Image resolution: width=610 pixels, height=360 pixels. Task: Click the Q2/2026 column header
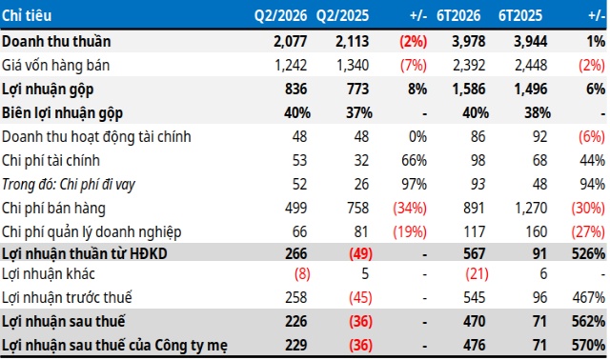click(x=280, y=15)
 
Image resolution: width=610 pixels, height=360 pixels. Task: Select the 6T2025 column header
click(x=520, y=15)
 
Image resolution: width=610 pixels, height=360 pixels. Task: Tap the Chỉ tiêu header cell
click(x=27, y=15)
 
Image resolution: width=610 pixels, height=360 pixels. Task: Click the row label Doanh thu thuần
click(x=56, y=41)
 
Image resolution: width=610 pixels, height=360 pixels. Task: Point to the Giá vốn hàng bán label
click(x=55, y=66)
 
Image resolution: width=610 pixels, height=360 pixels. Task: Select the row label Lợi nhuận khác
click(x=49, y=273)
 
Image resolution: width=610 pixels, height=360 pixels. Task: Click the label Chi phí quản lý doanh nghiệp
click(x=91, y=232)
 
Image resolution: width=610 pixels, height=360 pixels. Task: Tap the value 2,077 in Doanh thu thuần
click(x=290, y=41)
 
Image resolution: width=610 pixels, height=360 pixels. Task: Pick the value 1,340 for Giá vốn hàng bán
click(x=353, y=66)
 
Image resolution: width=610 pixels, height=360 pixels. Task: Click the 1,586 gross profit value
click(x=468, y=89)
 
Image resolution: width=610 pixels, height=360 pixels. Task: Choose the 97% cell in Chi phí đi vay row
click(x=414, y=184)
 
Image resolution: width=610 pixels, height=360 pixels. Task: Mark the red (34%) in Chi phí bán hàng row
click(x=410, y=209)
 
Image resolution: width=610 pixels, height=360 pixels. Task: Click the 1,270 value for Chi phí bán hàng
click(x=531, y=209)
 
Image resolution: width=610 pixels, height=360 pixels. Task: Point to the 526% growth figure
click(x=588, y=254)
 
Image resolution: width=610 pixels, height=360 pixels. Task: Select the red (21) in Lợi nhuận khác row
click(x=477, y=274)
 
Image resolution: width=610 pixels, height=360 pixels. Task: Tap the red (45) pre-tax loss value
click(x=360, y=298)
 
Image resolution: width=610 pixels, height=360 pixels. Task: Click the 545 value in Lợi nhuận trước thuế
click(x=475, y=298)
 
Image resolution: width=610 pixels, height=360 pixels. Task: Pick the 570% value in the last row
click(x=588, y=345)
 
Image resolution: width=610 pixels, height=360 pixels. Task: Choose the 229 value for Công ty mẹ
click(x=295, y=345)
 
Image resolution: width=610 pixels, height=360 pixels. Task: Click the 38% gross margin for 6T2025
click(x=538, y=113)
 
